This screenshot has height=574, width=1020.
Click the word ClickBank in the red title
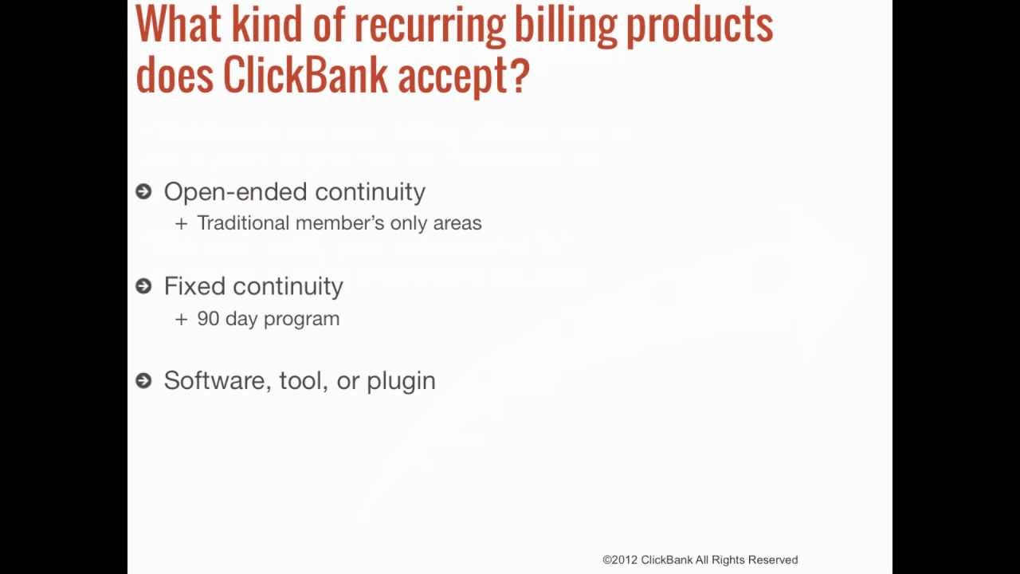point(305,74)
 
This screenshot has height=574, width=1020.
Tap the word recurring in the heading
point(430,26)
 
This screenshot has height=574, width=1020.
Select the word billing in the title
point(566,26)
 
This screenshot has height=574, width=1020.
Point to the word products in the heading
point(700,26)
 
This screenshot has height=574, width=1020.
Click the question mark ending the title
point(520,74)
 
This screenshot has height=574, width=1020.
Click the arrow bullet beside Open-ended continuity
point(143,192)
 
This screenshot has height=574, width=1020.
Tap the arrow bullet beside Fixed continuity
point(143,286)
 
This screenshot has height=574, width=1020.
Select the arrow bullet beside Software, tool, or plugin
point(143,380)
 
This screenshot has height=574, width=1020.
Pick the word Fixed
point(194,286)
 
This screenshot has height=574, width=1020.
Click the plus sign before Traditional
point(181,224)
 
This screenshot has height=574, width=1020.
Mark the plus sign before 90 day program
point(181,320)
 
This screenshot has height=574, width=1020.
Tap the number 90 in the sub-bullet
point(208,319)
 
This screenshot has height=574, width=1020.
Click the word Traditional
point(243,223)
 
